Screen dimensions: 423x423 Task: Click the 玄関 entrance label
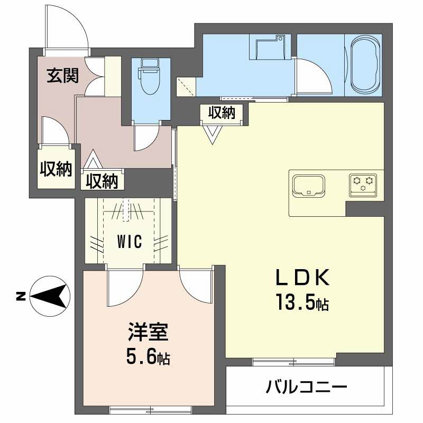62,76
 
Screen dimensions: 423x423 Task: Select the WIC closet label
129,242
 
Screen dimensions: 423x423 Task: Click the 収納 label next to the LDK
221,112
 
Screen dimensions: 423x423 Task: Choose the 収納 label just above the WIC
102,181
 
